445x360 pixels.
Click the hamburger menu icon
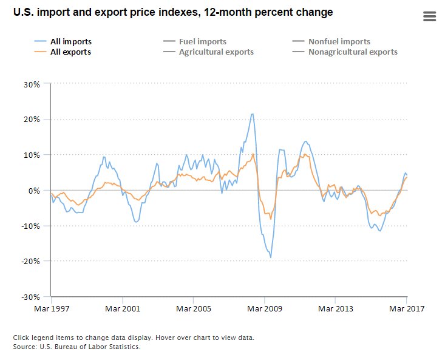click(x=429, y=16)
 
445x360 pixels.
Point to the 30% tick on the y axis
click(x=31, y=84)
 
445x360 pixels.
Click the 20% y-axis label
click(x=31, y=120)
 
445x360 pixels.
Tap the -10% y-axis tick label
click(x=30, y=226)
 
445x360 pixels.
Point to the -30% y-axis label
click(x=30, y=297)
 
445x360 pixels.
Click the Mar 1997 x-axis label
click(x=52, y=308)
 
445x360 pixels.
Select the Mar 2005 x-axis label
click(x=193, y=308)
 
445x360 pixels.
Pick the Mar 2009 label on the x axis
click(x=264, y=308)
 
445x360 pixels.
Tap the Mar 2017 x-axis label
click(x=406, y=308)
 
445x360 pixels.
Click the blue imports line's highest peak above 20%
click(x=253, y=114)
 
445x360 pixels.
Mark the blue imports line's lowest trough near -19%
click(x=271, y=257)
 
